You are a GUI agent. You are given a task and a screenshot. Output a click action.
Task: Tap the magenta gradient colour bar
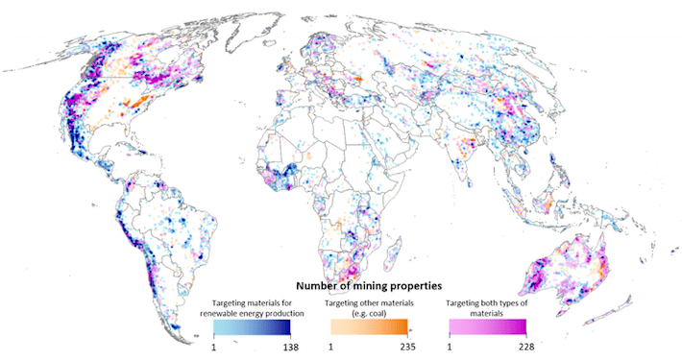pyautogui.click(x=490, y=326)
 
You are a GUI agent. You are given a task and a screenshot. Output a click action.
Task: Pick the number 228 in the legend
pyautogui.click(x=524, y=346)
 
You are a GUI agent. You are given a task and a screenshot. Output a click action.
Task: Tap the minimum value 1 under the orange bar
pyautogui.click(x=332, y=346)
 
